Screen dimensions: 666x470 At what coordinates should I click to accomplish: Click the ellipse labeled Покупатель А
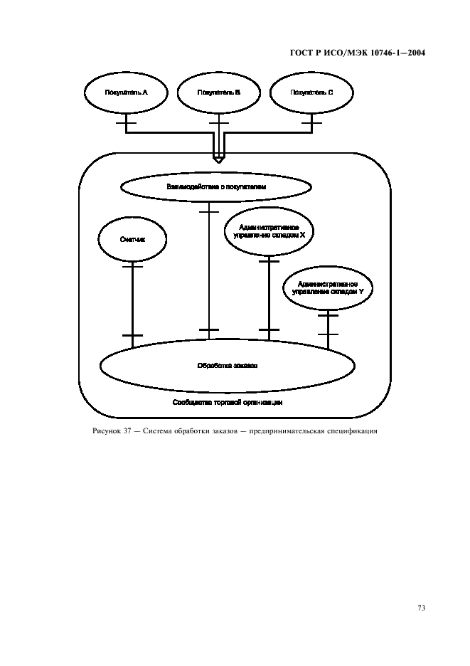(x=126, y=92)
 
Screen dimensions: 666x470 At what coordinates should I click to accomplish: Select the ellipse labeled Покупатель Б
(x=219, y=92)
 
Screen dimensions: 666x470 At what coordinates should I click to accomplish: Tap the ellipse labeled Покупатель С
(x=312, y=92)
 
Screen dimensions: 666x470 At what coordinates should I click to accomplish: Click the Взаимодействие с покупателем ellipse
(x=216, y=187)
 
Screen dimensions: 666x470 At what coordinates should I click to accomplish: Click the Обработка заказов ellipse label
(x=227, y=366)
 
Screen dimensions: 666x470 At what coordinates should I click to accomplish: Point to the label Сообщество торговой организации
(x=228, y=402)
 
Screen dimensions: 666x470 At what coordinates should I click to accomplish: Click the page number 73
(x=421, y=608)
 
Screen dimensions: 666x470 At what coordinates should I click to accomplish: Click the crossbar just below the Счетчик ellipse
(x=132, y=266)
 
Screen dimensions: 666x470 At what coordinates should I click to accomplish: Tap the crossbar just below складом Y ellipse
(x=327, y=314)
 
